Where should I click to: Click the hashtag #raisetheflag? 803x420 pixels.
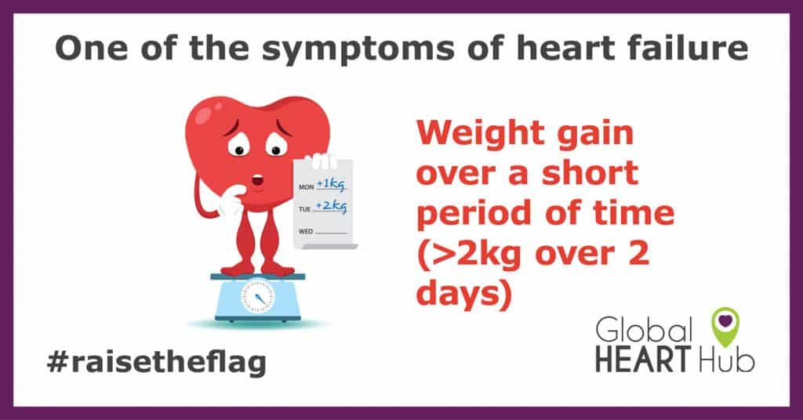[156, 362]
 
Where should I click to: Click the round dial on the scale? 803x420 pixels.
[257, 299]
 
